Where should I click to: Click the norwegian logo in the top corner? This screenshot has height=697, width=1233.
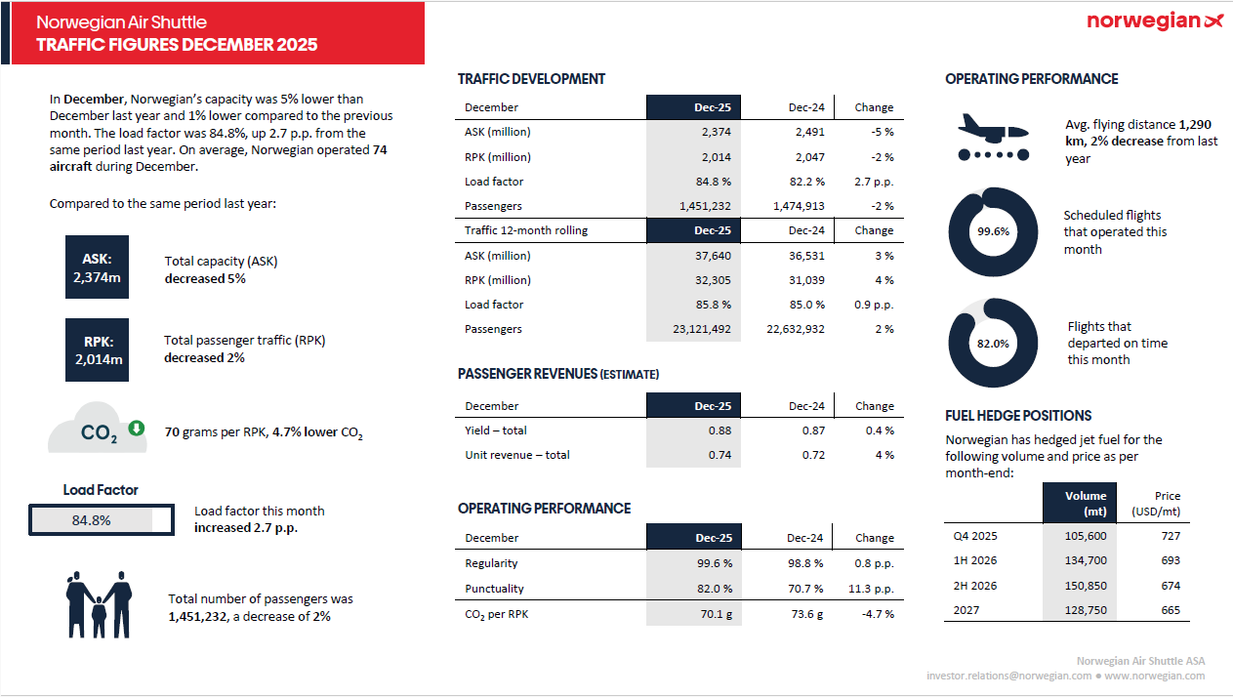click(x=1154, y=21)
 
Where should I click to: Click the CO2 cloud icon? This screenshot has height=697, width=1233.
click(x=99, y=430)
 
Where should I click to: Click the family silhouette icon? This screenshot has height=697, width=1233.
click(x=99, y=605)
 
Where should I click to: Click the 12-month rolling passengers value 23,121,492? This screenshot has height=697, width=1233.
click(x=701, y=329)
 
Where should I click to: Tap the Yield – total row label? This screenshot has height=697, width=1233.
click(x=496, y=430)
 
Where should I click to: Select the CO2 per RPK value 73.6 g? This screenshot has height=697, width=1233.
click(x=807, y=614)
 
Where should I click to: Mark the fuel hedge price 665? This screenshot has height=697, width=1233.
click(x=1171, y=611)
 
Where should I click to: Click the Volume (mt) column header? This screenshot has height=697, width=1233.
click(x=1086, y=503)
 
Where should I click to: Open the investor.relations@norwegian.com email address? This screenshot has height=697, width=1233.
click(x=1009, y=676)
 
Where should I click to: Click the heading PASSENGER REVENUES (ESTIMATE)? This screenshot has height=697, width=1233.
click(x=558, y=374)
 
